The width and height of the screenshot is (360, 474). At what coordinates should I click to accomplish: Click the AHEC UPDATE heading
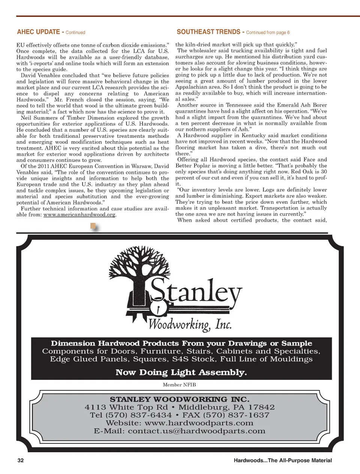point(39,32)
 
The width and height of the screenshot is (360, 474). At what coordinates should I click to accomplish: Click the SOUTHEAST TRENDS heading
point(208,32)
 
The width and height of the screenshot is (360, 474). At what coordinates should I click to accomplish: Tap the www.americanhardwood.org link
point(79,215)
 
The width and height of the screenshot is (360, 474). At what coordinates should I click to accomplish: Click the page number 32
point(21,460)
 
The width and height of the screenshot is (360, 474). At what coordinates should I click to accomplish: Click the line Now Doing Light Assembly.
point(181,372)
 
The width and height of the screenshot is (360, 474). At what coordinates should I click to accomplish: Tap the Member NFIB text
point(179,385)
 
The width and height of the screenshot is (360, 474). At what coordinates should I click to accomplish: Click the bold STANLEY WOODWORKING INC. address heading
point(179,399)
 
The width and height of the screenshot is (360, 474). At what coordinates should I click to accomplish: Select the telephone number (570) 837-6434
point(138,415)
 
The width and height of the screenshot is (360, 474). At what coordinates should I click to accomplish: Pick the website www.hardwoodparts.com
point(199,423)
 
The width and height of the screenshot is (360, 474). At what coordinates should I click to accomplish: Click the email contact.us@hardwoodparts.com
point(196,431)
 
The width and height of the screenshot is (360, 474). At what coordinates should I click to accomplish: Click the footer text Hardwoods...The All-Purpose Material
point(282,460)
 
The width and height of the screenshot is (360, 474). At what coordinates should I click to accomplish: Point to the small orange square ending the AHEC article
point(93,226)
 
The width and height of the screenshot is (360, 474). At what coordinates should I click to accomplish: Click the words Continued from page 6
point(268,33)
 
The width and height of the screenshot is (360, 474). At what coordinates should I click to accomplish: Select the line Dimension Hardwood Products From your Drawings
point(181,343)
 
